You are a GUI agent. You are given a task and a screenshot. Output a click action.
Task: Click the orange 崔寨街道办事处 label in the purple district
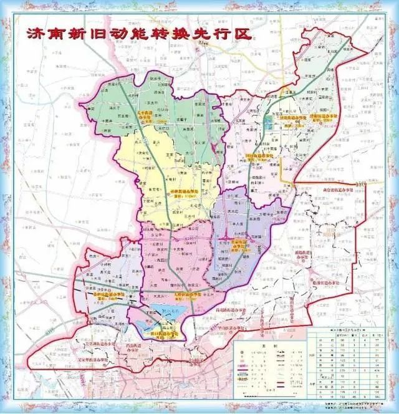[x=240, y=244]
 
